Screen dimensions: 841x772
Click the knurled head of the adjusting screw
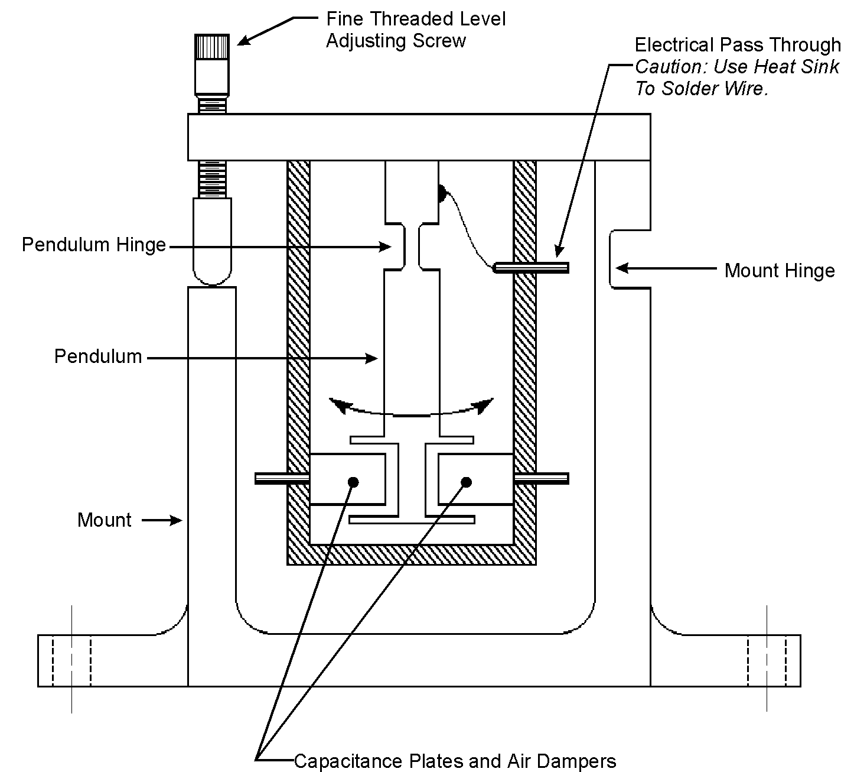tap(211, 47)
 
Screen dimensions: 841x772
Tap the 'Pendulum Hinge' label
tap(94, 245)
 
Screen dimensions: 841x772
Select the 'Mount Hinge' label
tap(780, 271)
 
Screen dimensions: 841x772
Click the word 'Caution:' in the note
tap(672, 67)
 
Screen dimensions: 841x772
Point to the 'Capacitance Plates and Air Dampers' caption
tap(455, 761)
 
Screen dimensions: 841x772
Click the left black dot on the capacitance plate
tap(353, 482)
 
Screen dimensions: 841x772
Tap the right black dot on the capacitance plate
tap(466, 482)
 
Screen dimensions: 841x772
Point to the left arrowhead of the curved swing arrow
tap(339, 406)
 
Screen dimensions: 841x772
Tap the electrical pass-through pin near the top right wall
tap(531, 267)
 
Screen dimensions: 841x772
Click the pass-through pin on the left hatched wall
tap(282, 479)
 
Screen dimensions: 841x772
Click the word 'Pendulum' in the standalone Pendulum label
tap(98, 356)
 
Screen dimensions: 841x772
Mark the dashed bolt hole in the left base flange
tap(71, 661)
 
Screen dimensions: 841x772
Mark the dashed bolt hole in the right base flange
tap(767, 661)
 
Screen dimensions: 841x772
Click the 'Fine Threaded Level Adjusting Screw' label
tap(416, 30)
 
